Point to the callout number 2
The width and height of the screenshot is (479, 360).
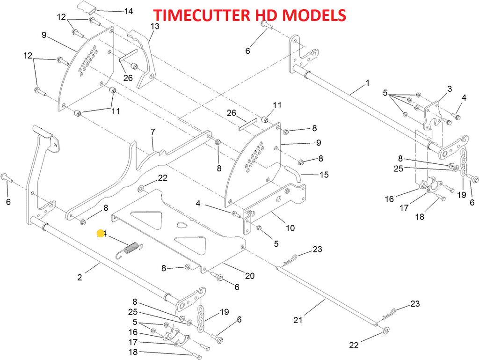point(80,277)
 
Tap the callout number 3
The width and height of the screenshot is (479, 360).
point(450,88)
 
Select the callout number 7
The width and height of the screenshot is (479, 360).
point(152,132)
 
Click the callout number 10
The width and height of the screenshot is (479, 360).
point(290,228)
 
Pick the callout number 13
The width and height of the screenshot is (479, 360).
point(155,26)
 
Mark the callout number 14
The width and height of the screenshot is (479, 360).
point(127,11)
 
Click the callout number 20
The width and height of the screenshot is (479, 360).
point(250,276)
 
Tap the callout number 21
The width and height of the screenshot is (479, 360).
point(298,320)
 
